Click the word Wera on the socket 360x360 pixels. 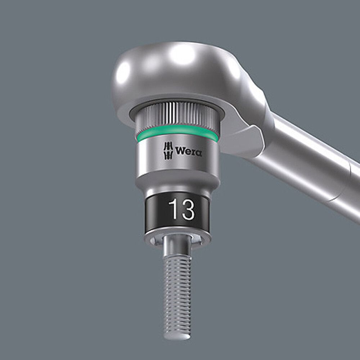pyautogui.click(x=189, y=152)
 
